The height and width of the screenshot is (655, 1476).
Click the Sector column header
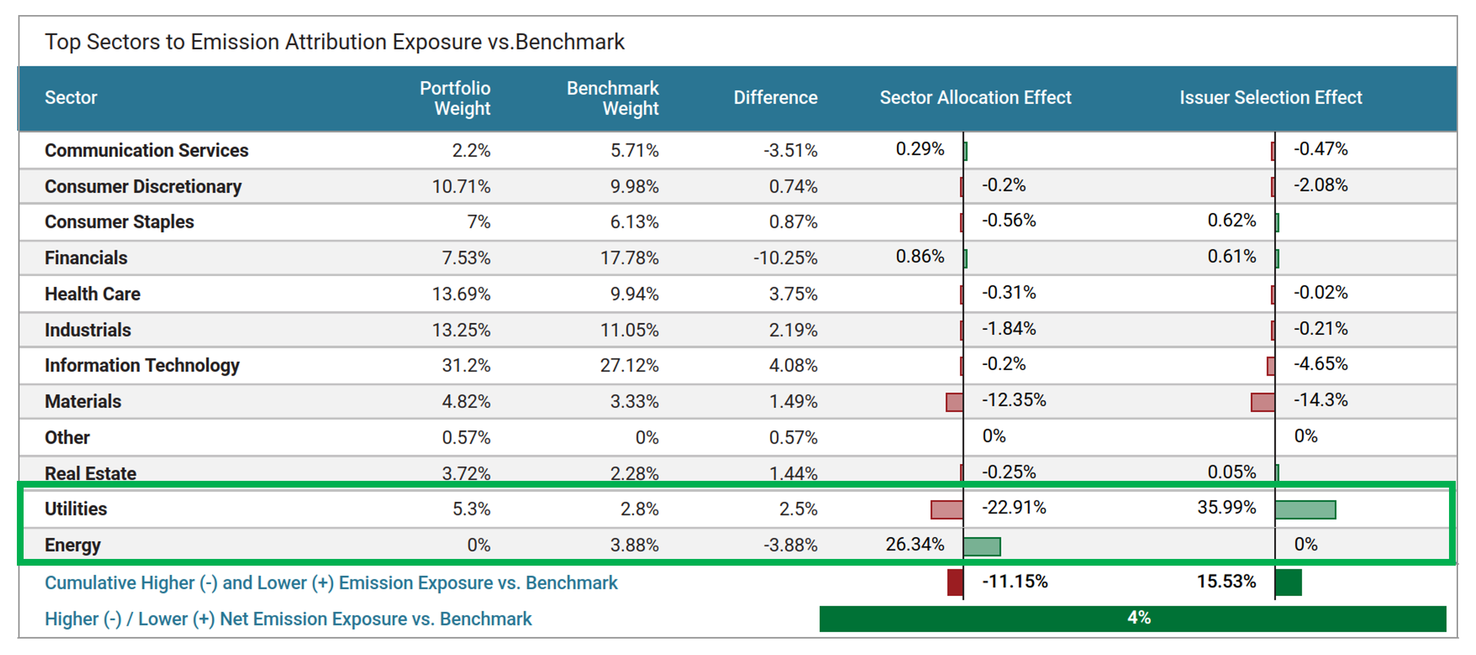71,98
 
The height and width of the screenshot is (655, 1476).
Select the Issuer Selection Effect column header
1270,98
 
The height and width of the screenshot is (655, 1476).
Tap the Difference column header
775,98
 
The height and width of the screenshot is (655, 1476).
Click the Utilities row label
76,509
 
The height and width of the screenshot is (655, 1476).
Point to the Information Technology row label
142,365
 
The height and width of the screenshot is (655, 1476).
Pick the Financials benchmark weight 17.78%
629,258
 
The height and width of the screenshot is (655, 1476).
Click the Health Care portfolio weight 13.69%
461,294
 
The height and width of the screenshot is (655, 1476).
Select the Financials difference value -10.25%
785,258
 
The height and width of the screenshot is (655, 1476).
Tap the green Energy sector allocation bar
982,547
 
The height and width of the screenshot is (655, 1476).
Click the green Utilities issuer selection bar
1305,510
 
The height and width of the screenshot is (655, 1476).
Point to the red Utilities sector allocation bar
947,510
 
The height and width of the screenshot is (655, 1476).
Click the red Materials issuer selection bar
1262,402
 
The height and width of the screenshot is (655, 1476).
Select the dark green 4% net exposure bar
1132,618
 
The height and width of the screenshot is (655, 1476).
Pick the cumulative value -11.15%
1015,582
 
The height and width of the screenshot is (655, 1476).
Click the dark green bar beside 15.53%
1289,583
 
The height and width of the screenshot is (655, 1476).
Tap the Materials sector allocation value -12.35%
1013,400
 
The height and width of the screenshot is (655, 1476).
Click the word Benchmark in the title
569,42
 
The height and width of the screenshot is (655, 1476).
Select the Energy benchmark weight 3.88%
634,545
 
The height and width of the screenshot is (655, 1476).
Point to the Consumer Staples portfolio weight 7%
478,222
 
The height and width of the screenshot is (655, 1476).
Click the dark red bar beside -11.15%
955,583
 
